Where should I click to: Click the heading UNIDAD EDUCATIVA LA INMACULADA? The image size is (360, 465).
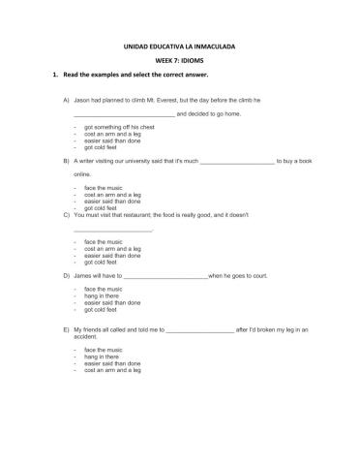point(180,46)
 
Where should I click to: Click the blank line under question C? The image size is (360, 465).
point(112,231)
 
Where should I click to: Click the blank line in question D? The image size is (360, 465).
point(165,276)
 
